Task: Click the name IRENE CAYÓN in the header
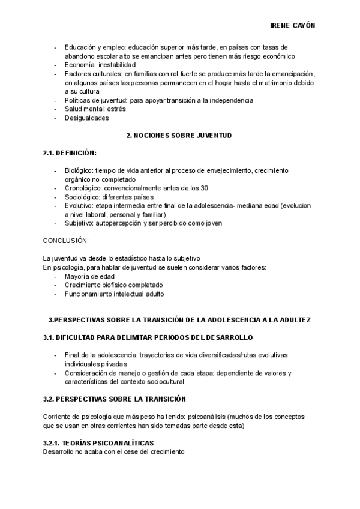click(x=292, y=26)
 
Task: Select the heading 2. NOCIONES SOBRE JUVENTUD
click(x=179, y=136)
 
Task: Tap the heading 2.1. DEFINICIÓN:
click(x=70, y=154)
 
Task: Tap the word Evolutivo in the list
click(x=80, y=205)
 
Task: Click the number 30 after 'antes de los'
click(x=205, y=188)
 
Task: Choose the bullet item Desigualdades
click(x=87, y=118)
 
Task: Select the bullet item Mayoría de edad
click(x=89, y=276)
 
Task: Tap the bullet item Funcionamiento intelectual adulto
click(x=114, y=294)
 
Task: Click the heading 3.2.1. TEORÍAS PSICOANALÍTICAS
click(x=98, y=443)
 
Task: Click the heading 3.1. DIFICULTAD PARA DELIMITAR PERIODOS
click(x=148, y=337)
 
